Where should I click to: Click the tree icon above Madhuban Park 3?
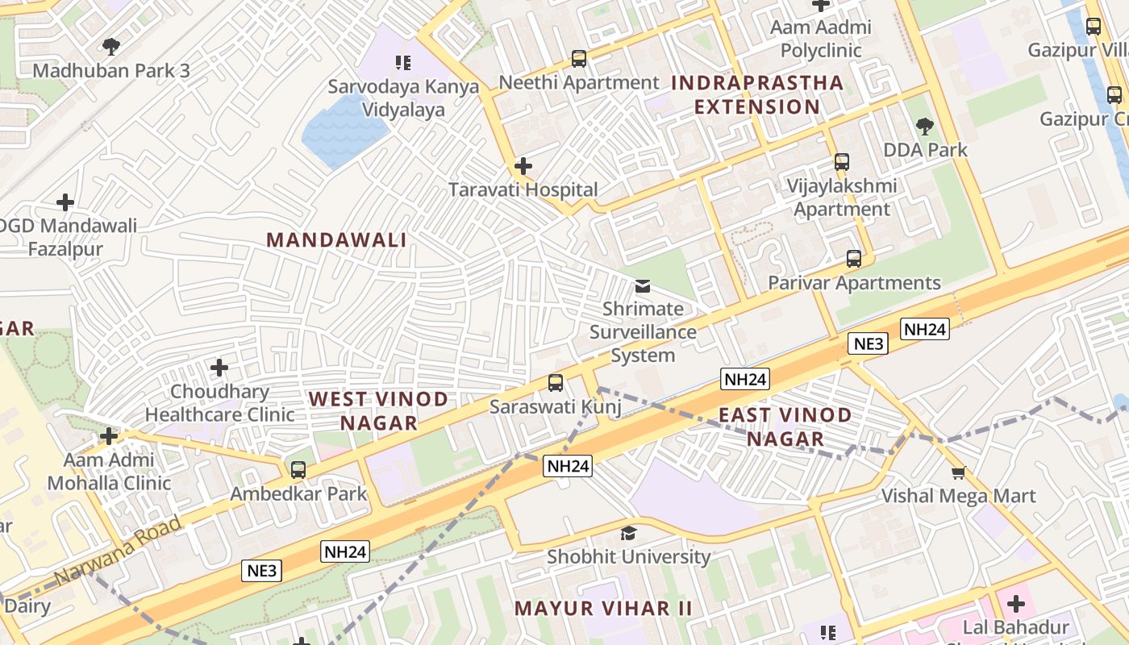[x=111, y=46]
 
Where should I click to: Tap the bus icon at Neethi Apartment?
[x=579, y=58]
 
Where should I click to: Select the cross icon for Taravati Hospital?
[x=523, y=166]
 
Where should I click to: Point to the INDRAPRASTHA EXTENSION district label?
[x=757, y=94]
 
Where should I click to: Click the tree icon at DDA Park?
[x=924, y=126]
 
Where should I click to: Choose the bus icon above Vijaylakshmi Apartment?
[x=842, y=161]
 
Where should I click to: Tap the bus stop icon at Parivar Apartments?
[x=854, y=259]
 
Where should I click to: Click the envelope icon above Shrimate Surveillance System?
[x=643, y=285]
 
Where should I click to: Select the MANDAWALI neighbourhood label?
[x=336, y=240]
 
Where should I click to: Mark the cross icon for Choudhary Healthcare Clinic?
[x=219, y=368]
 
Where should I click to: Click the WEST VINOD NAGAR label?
[x=378, y=410]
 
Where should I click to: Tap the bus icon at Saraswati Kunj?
[x=556, y=383]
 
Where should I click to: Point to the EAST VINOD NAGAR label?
[x=785, y=427]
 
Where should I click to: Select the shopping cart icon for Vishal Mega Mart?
[x=958, y=472]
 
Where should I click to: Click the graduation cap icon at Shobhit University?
[x=628, y=533]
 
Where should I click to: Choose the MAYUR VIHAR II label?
[x=603, y=608]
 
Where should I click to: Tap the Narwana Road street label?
[x=119, y=551]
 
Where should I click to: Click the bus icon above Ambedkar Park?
[x=298, y=469]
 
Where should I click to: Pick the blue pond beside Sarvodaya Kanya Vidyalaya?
[x=343, y=129]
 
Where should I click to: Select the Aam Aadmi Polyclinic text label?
[x=820, y=39]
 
